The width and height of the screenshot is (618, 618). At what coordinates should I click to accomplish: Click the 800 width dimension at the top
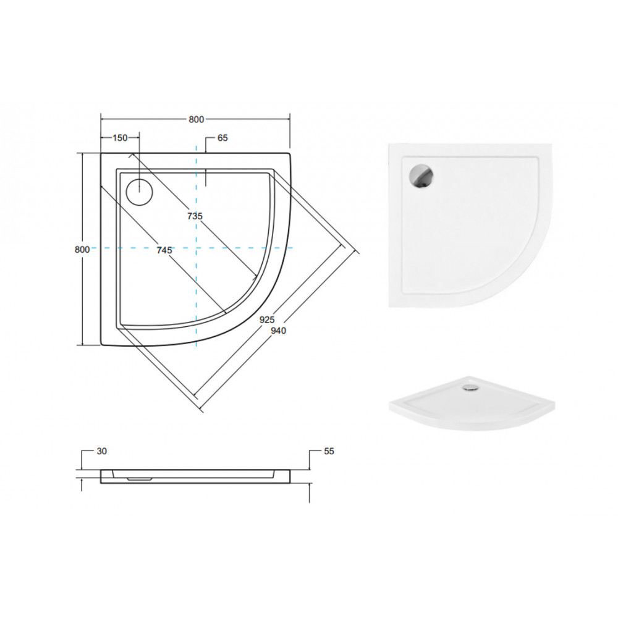point(197,119)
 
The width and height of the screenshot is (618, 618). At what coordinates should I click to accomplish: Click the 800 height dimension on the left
point(82,249)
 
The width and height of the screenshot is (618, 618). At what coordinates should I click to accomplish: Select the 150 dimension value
point(121,138)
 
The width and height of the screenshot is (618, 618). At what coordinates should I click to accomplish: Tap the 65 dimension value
point(222,138)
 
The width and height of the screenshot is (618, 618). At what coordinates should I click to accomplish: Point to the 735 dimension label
point(195,216)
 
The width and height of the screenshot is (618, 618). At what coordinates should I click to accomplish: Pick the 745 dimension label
point(164,250)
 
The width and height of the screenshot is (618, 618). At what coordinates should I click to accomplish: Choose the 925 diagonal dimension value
point(267,320)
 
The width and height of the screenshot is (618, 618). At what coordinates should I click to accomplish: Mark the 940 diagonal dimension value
point(278,331)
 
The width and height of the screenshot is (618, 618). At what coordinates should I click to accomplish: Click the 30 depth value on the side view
point(102,451)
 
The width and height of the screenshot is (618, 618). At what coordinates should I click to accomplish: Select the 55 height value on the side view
point(329,451)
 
